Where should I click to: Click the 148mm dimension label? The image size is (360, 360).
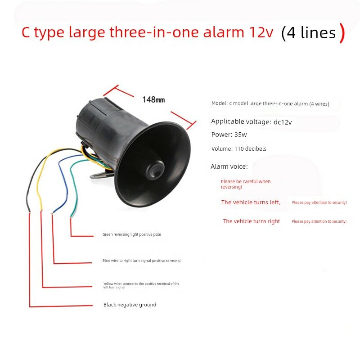153,99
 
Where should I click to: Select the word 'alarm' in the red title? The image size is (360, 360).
223,32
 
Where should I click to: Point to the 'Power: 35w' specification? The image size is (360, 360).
229,135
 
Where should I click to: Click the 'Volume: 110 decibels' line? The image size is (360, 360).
239,149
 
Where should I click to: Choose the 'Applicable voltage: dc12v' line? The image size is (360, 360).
251,121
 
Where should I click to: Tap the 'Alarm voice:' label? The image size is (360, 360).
229,166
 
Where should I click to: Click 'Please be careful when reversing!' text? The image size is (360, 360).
245,184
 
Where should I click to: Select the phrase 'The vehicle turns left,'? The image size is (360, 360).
251,202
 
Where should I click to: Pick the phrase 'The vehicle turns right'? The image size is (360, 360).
252,221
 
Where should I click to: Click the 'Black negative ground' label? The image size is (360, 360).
130,305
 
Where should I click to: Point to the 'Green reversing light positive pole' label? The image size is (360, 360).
131,234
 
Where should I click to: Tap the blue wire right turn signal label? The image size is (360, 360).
141,261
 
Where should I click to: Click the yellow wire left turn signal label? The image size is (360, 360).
141,285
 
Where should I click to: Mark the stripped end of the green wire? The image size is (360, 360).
71,216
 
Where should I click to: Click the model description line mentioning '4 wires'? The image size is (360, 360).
270,103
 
